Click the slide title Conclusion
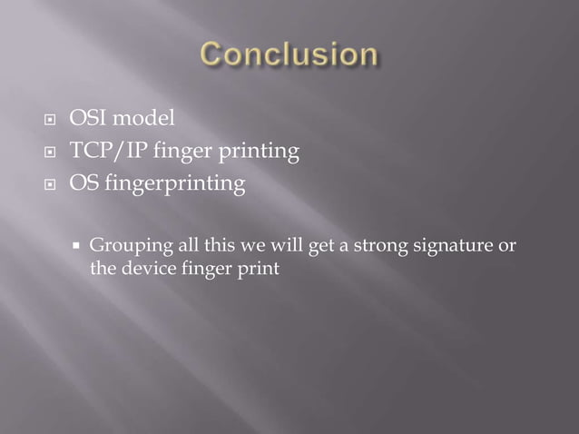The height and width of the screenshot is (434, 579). tap(288, 55)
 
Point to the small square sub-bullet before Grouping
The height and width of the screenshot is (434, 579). tap(77, 245)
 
